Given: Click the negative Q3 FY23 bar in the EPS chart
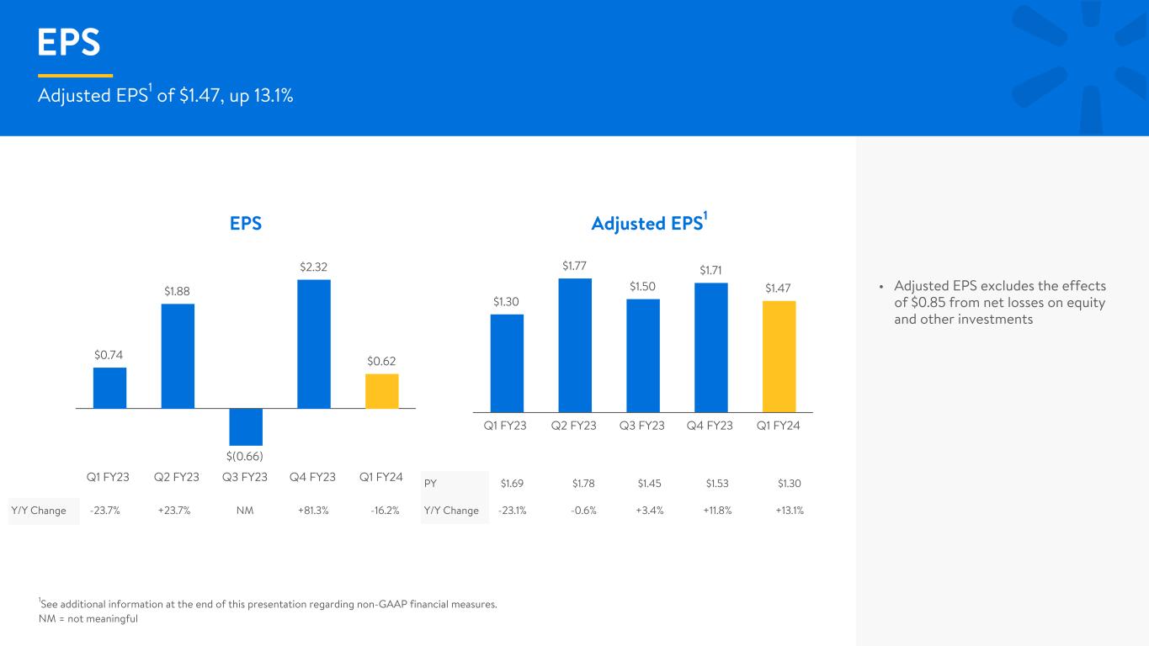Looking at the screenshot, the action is click(246, 427).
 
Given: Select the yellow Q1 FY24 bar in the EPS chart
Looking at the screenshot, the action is click(381, 391).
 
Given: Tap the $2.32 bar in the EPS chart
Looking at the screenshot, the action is click(314, 344).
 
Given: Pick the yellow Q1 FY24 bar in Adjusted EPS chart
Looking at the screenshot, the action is click(779, 357).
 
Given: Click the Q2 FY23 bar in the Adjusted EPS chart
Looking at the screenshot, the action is click(575, 345).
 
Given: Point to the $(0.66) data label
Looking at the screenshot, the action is click(245, 456).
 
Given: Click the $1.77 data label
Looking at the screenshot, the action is click(574, 266).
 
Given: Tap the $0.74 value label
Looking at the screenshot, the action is click(109, 355).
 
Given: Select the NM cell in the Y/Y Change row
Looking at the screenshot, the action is click(245, 511).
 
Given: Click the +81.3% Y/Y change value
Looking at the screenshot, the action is click(313, 511).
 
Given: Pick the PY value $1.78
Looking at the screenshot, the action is click(583, 484).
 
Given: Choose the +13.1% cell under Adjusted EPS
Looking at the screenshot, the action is click(790, 511).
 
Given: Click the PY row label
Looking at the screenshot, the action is click(430, 484).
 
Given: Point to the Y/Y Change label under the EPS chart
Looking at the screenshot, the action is click(39, 511).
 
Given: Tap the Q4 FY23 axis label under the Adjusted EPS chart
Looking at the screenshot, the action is click(710, 426).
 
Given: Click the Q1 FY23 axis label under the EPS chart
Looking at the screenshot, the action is click(108, 477).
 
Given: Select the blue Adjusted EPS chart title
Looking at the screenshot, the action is click(649, 223).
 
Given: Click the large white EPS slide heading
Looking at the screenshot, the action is click(69, 42).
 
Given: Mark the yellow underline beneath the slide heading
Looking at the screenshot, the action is click(76, 76).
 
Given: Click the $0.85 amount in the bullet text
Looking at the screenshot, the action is click(928, 303).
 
